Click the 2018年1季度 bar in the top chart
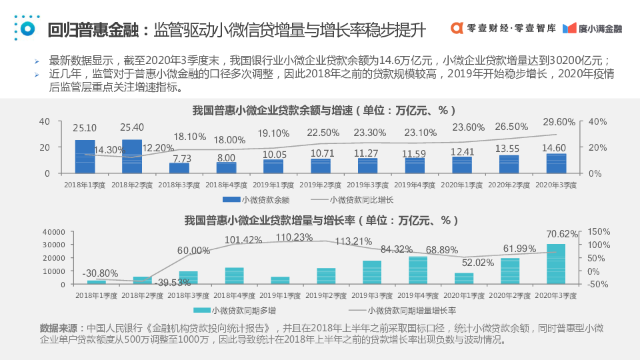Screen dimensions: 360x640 click(x=85, y=157)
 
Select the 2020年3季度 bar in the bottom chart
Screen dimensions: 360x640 click(x=556, y=265)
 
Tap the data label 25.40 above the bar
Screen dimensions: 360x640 click(x=132, y=127)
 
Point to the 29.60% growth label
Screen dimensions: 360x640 click(x=559, y=122)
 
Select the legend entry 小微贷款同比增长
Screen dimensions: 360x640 click(x=353, y=199)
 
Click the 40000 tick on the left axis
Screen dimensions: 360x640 click(x=53, y=232)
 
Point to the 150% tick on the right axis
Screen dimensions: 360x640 click(x=599, y=232)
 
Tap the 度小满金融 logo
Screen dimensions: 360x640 click(x=593, y=29)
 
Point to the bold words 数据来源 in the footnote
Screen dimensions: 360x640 click(x=59, y=328)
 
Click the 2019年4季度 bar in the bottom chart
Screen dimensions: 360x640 click(x=418, y=271)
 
